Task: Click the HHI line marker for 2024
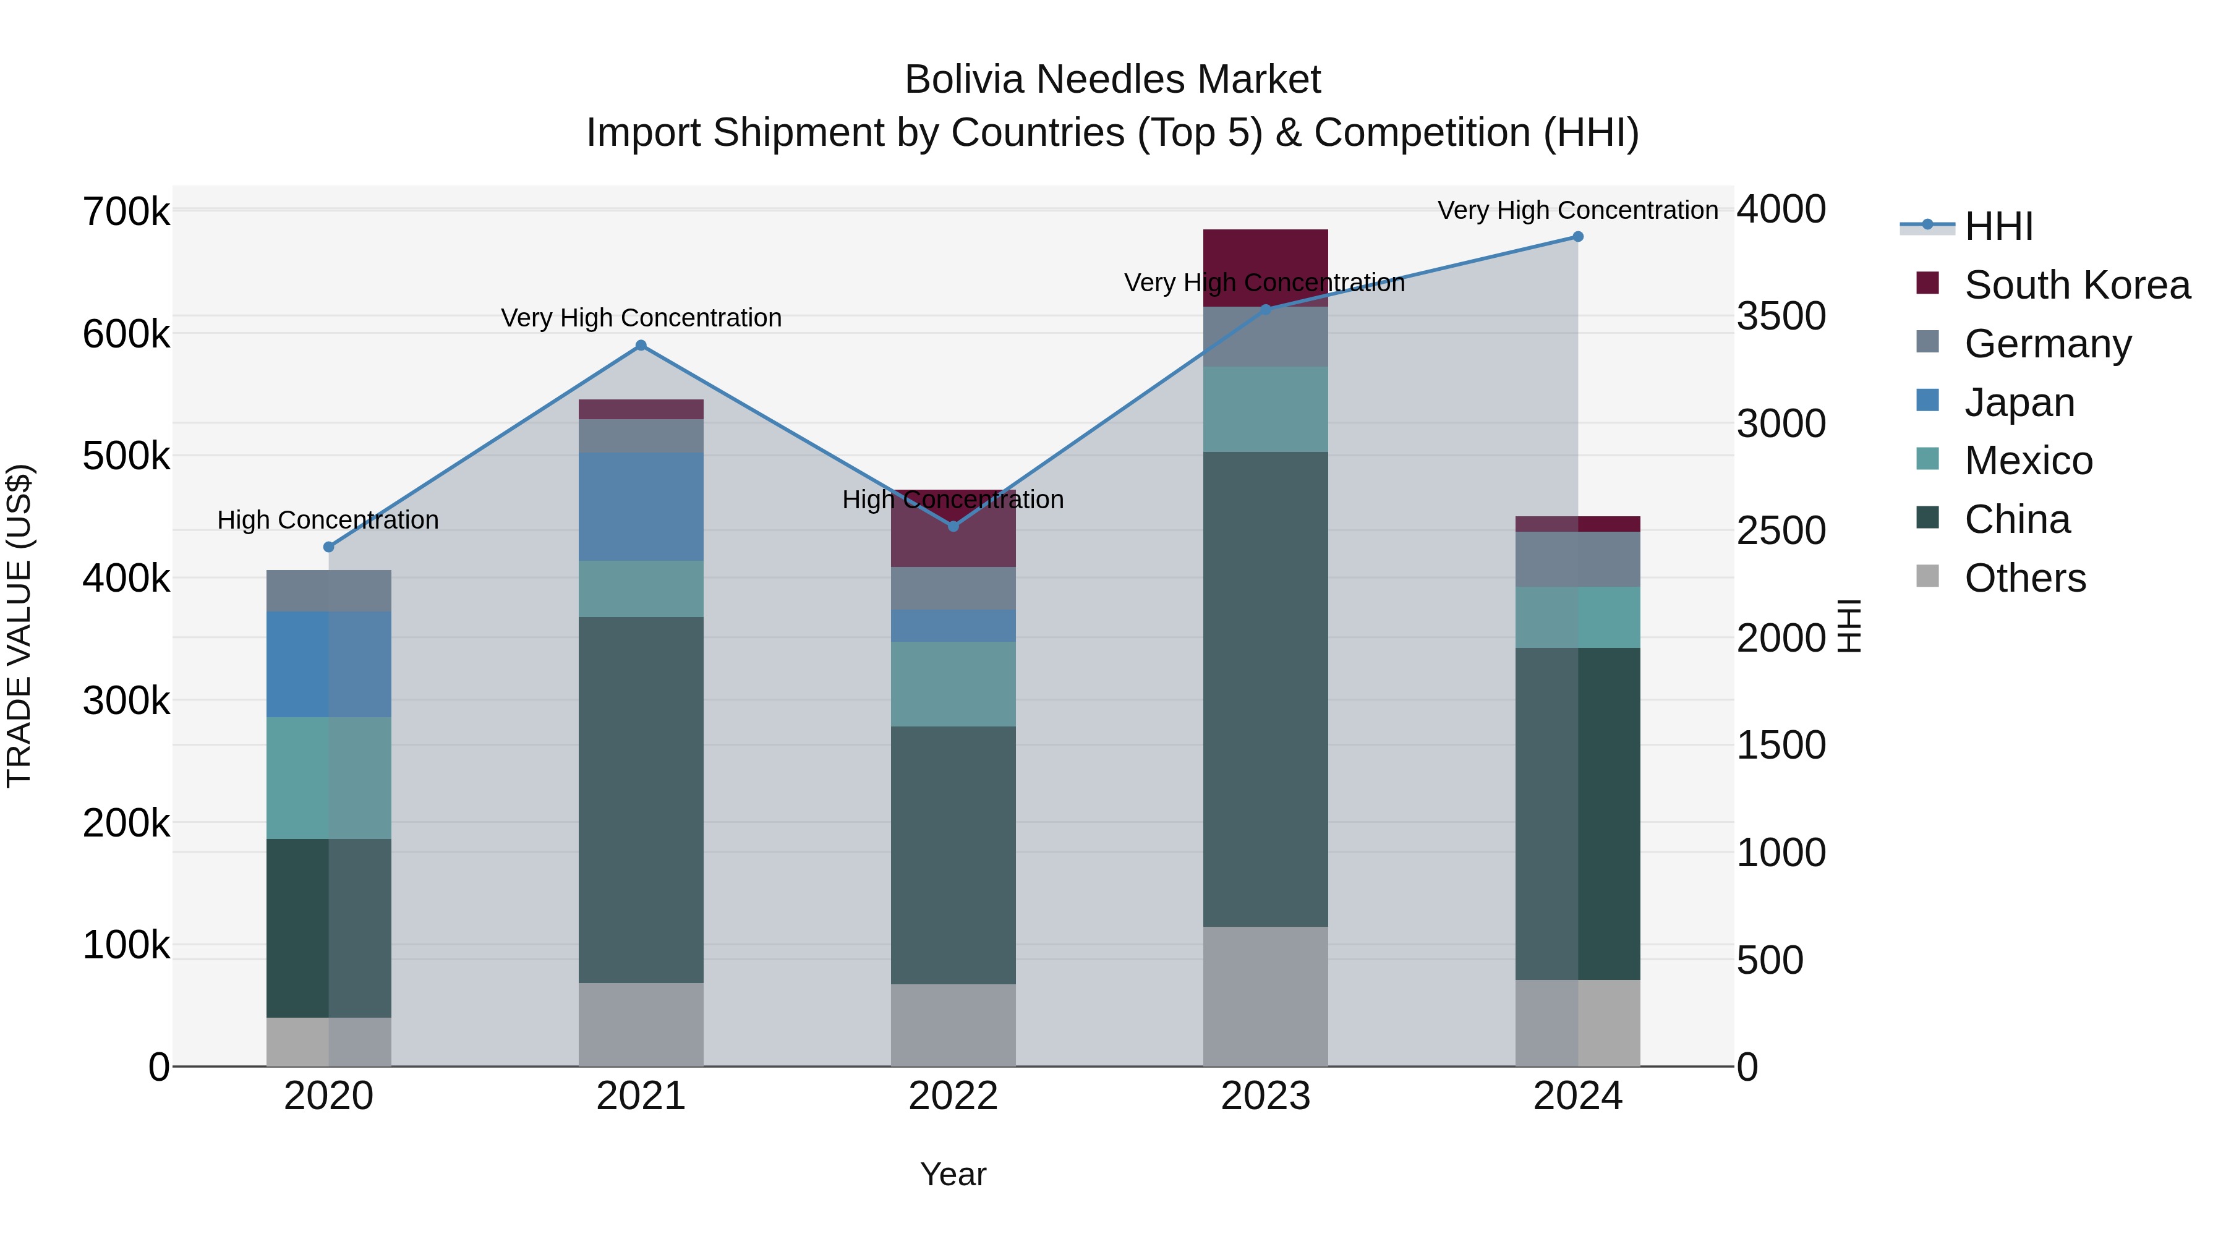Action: click(x=1578, y=237)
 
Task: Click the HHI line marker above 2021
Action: click(x=641, y=346)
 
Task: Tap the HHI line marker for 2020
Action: click(x=328, y=547)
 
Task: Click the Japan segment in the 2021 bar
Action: click(x=641, y=506)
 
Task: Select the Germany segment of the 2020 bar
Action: click(x=328, y=591)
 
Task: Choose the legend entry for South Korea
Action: click(x=2076, y=285)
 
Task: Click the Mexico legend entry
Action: click(x=2028, y=461)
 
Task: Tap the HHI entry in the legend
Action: click(x=1998, y=226)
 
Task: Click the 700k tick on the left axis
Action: click(x=126, y=211)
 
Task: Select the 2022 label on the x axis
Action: click(x=953, y=1096)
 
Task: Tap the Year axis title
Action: click(x=953, y=1174)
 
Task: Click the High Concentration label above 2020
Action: click(x=328, y=520)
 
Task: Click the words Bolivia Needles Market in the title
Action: click(x=1112, y=80)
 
